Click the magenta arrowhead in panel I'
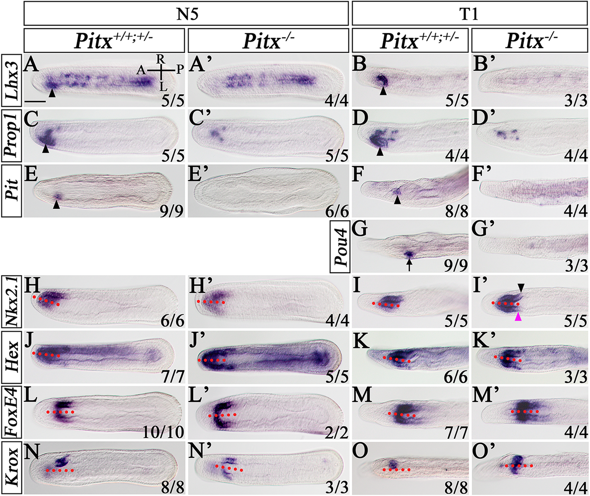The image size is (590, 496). point(518,317)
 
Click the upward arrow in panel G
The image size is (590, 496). point(409,264)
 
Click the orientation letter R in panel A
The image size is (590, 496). point(161,61)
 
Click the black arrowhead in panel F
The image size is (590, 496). point(398,200)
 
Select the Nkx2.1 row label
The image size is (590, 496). point(11,301)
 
